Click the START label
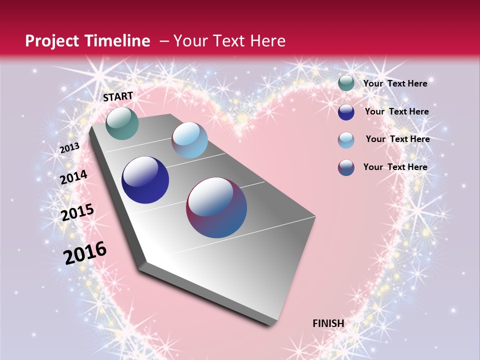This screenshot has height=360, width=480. [118, 96]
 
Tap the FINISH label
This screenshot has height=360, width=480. [328, 323]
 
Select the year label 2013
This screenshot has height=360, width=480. [69, 148]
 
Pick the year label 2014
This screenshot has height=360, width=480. [73, 177]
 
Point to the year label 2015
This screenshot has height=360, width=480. [77, 212]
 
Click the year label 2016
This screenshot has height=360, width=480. [85, 253]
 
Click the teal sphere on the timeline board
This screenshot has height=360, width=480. [122, 123]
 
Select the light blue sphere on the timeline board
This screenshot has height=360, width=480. [189, 140]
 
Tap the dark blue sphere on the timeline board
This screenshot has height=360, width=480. [145, 180]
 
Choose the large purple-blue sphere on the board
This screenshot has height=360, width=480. [216, 207]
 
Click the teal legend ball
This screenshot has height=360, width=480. [346, 83]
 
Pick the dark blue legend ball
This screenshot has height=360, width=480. [346, 112]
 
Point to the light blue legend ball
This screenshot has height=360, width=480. [346, 140]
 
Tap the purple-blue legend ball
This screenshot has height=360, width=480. [346, 167]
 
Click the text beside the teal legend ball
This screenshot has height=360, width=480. [395, 83]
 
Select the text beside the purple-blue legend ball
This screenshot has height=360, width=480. [395, 167]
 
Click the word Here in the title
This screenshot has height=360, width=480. [267, 41]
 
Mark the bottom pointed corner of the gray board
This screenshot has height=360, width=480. [272, 325]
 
